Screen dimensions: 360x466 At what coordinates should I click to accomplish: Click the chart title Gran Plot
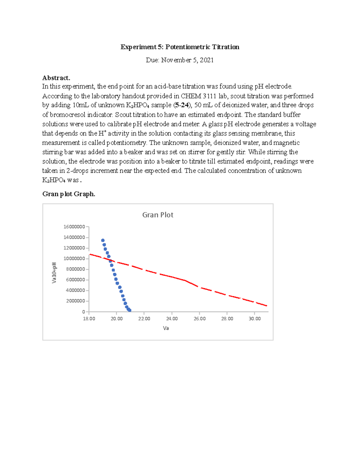tap(158, 215)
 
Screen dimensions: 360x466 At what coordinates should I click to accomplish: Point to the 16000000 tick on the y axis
tap(74, 227)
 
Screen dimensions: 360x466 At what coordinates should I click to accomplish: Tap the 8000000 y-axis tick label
tap(75, 269)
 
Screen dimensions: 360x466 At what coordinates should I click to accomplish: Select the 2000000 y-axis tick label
tap(75, 301)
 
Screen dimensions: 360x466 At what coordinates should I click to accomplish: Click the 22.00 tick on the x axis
tap(144, 319)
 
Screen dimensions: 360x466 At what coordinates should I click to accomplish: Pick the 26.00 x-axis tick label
tap(199, 319)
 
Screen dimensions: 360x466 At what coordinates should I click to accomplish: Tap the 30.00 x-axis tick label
tap(255, 319)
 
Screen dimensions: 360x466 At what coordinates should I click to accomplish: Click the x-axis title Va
tap(166, 328)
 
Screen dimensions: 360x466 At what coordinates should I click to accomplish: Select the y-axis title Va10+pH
tap(54, 273)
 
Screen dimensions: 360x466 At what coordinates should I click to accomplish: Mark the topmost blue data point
tap(103, 240)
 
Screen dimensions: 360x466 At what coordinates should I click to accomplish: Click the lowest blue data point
tap(130, 310)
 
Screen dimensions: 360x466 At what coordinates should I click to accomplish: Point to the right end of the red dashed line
tap(266, 306)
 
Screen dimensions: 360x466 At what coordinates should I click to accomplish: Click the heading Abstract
tap(56, 78)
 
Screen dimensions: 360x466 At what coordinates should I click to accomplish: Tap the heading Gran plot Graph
tap(69, 194)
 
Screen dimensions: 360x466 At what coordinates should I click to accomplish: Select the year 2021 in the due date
tap(207, 60)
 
